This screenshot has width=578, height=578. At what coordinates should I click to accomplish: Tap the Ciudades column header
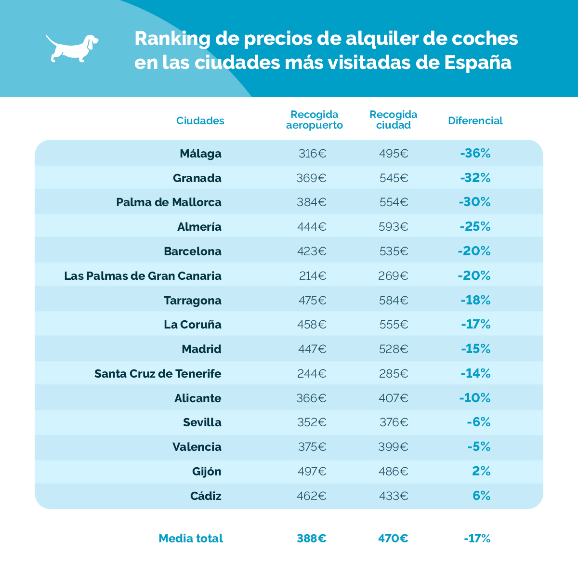pos(200,120)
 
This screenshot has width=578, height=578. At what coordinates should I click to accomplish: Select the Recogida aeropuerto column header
pos(315,120)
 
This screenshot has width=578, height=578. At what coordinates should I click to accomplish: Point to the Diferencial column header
pos(475,120)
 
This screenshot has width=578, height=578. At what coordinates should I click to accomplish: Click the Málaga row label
pos(200,154)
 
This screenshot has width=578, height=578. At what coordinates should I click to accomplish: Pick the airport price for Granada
pos(311,178)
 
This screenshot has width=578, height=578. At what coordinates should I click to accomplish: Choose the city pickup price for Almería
pos(393,227)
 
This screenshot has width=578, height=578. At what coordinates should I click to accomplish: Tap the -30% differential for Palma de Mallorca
pos(474,202)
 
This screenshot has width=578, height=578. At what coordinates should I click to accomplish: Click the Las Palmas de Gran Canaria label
pos(143,276)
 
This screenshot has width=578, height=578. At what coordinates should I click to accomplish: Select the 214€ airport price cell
pos(312,276)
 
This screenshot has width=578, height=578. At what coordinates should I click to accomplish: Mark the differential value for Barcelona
pos(474,251)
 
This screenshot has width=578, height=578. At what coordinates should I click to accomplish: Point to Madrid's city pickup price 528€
pos(393,349)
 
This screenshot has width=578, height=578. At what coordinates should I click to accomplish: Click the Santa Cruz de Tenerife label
pos(158,374)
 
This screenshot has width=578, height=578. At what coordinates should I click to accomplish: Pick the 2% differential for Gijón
pos(481,472)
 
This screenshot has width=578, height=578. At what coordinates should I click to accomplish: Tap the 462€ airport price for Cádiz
pos(311,496)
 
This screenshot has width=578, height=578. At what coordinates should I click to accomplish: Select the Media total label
pos(191,539)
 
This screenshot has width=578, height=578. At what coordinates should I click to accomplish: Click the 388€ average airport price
pos(311,539)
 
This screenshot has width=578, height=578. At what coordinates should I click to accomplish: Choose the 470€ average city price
pos(393,539)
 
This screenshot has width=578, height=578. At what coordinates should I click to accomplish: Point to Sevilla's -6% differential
pos(478,422)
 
